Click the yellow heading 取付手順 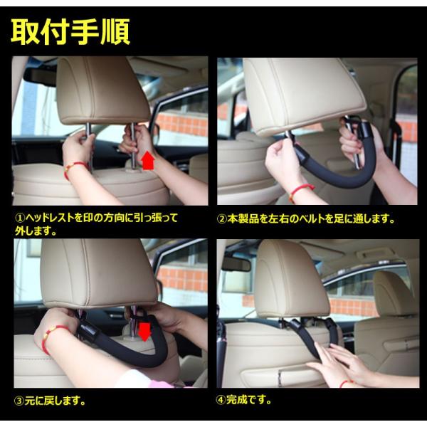70,32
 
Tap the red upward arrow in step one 149,162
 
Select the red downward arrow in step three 144,332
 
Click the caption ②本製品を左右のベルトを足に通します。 306,219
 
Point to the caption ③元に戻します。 50,401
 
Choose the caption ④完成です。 244,400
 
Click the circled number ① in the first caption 20,218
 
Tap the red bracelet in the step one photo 75,169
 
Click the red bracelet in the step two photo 301,191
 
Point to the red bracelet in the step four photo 346,383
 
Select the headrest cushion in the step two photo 304,95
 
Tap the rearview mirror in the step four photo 236,264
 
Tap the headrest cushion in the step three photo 98,273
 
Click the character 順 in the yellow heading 115,32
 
